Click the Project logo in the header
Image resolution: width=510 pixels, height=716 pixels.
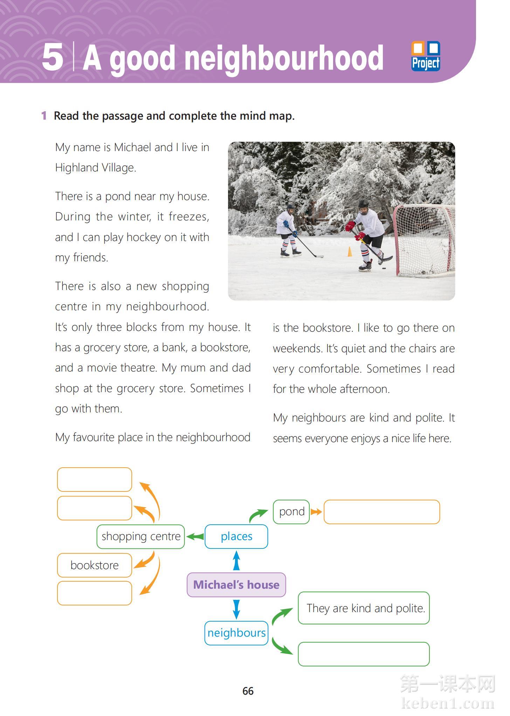pos(426,56)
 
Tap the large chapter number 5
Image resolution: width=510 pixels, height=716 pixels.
pos(53,57)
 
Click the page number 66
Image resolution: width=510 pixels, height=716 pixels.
pos(248,691)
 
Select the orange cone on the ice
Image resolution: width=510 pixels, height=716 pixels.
pos(349,251)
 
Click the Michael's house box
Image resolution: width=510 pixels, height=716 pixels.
pos(236,584)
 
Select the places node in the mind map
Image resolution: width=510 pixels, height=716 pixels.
pos(236,536)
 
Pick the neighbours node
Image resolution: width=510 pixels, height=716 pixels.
pos(236,633)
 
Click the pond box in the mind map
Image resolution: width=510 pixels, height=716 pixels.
pos(291,512)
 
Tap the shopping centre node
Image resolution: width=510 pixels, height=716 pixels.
pos(141,536)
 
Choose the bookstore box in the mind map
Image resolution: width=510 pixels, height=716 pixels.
pos(95,565)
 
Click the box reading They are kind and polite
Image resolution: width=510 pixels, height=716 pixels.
pos(364,608)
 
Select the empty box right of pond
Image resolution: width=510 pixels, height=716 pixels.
pos(381,512)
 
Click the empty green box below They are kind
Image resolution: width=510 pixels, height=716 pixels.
pos(364,654)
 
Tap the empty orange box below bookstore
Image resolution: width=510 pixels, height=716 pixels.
pos(95,593)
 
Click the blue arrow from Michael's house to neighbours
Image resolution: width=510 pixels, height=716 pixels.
pos(236,609)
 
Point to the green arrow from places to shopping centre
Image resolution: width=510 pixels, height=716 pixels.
pos(195,536)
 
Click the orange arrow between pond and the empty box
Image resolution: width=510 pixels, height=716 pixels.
pos(316,512)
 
